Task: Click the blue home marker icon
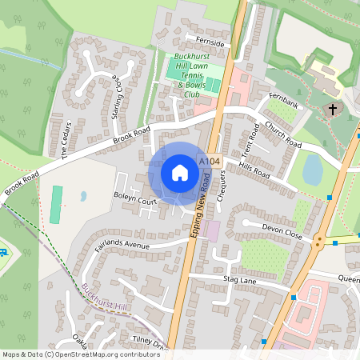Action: [x=180, y=173]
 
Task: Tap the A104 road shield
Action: [x=209, y=162]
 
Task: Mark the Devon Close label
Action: [x=283, y=231]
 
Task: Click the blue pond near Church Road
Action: [x=313, y=169]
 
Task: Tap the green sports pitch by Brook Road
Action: [x=56, y=205]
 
